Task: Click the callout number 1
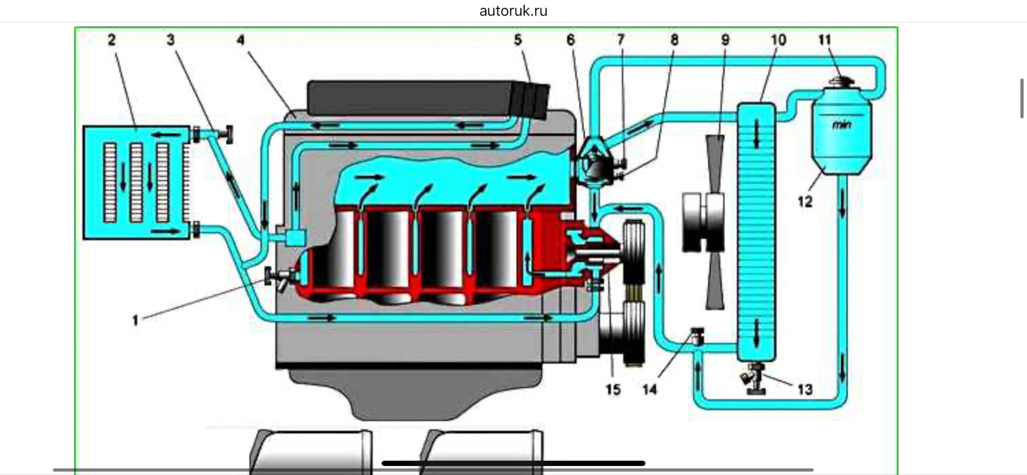(x=135, y=320)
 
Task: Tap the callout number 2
(x=111, y=40)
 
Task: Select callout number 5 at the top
(x=518, y=40)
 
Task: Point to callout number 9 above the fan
(x=725, y=40)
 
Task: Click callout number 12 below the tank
(x=805, y=202)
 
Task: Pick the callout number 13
(x=804, y=389)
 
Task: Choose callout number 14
(x=649, y=389)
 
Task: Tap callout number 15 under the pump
(x=613, y=389)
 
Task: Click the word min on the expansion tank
(x=841, y=125)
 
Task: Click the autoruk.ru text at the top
(x=513, y=11)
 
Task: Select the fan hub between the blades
(x=707, y=221)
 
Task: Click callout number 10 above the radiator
(x=778, y=40)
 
